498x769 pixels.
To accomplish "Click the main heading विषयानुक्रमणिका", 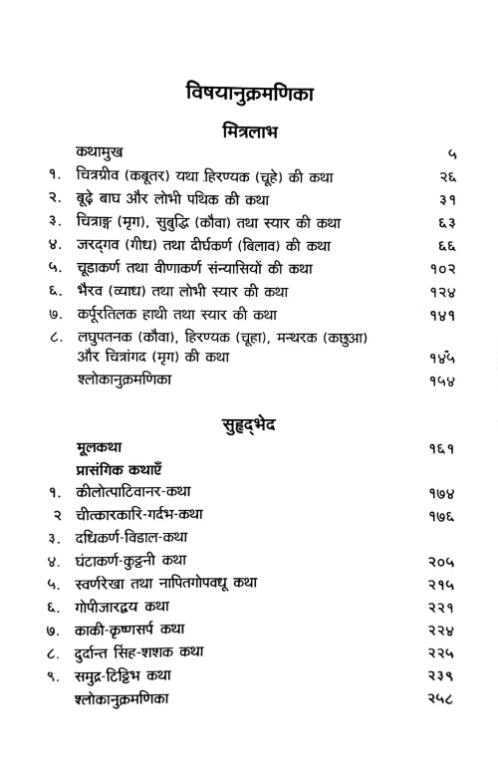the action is point(249,94).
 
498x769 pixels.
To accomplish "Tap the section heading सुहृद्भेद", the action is point(249,425).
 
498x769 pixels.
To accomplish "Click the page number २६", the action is point(446,176).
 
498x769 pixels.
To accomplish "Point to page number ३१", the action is point(446,199).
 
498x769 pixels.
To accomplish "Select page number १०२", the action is point(443,268).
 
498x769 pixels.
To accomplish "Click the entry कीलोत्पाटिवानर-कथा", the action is point(133,492).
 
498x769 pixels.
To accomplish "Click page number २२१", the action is point(443,607).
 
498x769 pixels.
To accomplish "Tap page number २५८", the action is point(443,698).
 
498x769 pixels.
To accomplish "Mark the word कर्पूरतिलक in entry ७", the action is point(112,314).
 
